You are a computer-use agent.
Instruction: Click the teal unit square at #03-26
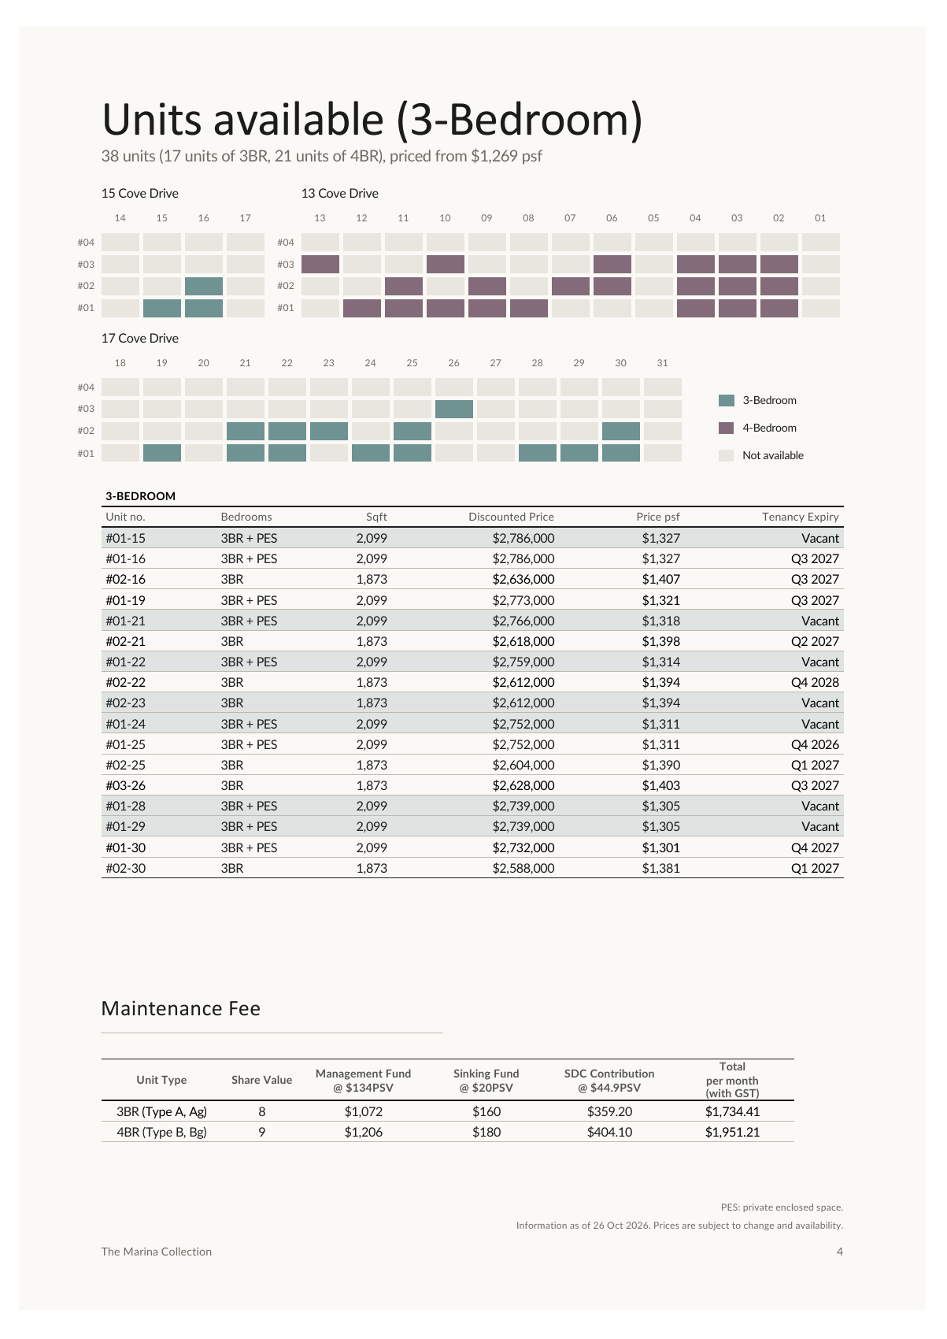click(x=453, y=409)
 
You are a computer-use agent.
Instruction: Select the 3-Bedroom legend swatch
click(x=726, y=400)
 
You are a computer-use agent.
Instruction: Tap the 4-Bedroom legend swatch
click(x=726, y=428)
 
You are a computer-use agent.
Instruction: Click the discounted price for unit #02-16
click(x=523, y=579)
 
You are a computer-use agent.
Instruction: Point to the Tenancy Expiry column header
click(x=800, y=517)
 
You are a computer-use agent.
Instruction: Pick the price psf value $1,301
click(x=660, y=848)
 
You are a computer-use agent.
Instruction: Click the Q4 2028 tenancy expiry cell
click(x=815, y=682)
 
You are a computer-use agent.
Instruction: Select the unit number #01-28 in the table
click(x=125, y=806)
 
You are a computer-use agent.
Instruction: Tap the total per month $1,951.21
click(x=732, y=1132)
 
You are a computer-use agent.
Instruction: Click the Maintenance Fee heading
click(x=180, y=1008)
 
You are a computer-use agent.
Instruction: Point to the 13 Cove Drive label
click(x=339, y=193)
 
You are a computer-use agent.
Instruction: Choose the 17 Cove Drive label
click(x=140, y=339)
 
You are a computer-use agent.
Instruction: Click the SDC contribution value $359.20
click(x=609, y=1112)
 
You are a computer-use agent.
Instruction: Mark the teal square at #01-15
click(x=162, y=309)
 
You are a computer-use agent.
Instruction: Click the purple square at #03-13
click(x=320, y=264)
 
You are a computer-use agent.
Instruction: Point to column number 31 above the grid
click(x=662, y=363)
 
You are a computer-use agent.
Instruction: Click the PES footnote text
click(x=782, y=1207)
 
